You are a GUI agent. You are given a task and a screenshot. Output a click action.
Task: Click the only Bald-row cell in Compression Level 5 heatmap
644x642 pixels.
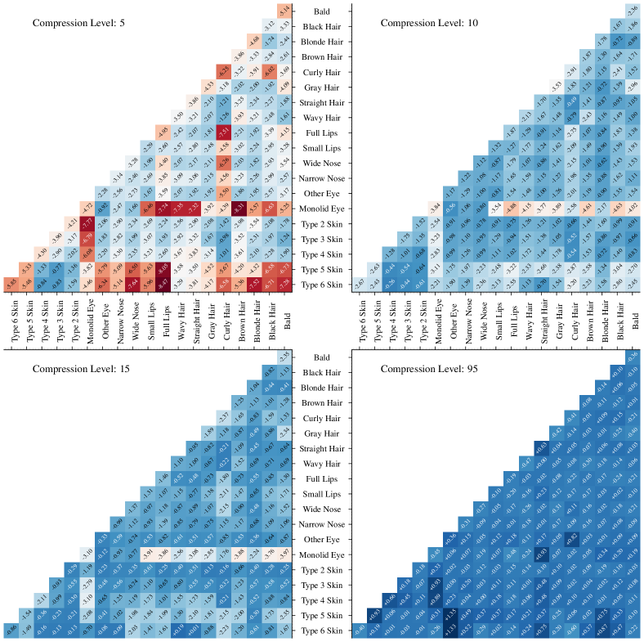[x=284, y=11]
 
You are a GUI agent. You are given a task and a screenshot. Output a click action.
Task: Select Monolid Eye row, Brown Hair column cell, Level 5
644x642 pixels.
[x=239, y=208]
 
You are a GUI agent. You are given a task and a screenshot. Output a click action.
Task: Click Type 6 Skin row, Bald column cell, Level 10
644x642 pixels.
[x=633, y=284]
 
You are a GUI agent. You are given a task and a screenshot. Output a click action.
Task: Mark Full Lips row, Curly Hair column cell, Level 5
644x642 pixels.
[x=223, y=132]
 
